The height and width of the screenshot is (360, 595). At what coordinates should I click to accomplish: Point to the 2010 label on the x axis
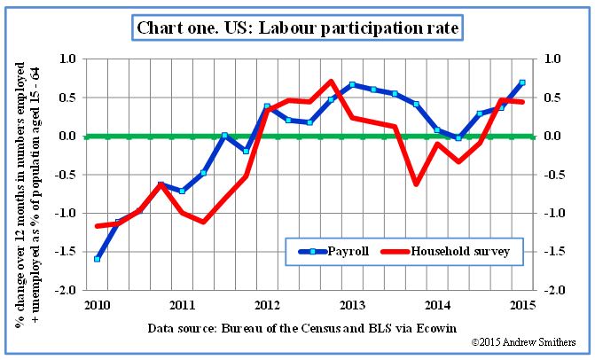97,305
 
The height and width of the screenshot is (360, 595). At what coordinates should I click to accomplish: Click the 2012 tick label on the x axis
267,305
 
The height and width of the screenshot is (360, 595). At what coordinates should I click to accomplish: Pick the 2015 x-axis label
522,305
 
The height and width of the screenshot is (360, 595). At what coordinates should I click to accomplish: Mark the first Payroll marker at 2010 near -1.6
97,259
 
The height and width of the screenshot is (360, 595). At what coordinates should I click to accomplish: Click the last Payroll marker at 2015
522,82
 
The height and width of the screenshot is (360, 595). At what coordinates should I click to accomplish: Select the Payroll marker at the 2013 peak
352,85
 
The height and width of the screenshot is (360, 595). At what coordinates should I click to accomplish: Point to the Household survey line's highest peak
331,82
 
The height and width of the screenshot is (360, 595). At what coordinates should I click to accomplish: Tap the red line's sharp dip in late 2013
416,184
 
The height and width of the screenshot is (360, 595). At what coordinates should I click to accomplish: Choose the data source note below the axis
309,327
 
